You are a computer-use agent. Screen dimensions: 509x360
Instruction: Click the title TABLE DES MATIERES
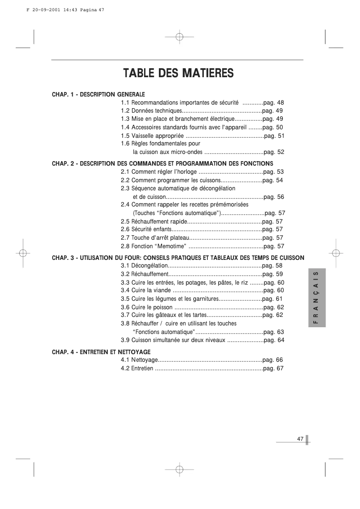(x=179, y=73)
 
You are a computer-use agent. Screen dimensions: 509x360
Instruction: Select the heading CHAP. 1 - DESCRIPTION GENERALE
(x=98, y=95)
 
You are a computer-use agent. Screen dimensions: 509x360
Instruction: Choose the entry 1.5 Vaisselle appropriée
(x=152, y=136)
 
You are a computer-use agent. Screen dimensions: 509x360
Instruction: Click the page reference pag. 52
(x=274, y=152)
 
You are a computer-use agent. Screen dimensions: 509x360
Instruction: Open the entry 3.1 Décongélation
(x=144, y=266)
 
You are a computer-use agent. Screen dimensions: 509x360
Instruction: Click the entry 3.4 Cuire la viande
(x=146, y=290)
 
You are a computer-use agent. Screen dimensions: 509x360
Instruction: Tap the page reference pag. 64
(x=274, y=340)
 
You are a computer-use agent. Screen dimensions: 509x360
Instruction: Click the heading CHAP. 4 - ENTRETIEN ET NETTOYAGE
(x=101, y=352)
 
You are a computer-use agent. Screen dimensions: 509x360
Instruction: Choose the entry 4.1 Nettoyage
(x=139, y=360)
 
